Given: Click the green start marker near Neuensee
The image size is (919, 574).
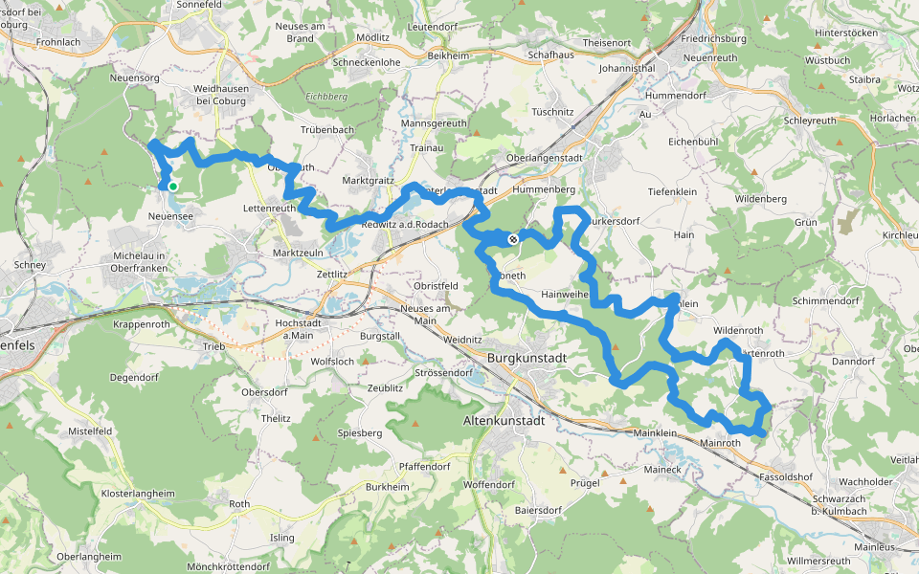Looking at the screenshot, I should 173,187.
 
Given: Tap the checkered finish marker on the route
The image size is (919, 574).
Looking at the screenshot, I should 513,239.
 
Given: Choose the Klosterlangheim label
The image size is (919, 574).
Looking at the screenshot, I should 138,494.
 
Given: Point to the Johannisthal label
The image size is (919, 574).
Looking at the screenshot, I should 626,70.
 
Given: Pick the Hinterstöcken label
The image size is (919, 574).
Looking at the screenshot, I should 845,33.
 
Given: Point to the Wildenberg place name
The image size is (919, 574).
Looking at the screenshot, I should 760,198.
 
